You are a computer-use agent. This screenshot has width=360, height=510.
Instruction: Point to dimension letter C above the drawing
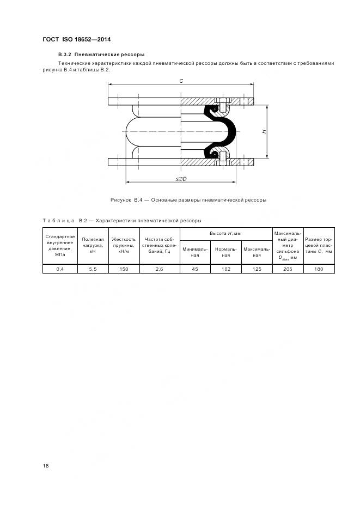(x=181, y=80)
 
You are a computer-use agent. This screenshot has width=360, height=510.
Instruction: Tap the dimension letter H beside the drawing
(x=263, y=131)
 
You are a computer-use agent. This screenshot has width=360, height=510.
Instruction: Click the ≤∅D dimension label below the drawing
(x=181, y=179)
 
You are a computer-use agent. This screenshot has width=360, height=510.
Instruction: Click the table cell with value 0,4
(x=60, y=269)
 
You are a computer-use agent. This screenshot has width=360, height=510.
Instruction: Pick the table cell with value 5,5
(x=93, y=269)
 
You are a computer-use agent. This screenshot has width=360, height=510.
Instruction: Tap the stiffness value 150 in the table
(x=124, y=269)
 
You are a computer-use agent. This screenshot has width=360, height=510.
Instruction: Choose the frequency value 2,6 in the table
(x=159, y=269)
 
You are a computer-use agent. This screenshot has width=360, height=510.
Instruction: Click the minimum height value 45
(x=194, y=269)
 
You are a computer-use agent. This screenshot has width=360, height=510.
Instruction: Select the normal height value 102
(x=226, y=269)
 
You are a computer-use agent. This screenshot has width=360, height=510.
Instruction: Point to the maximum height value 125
(x=257, y=269)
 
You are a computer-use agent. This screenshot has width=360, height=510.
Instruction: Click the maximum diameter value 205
(x=288, y=269)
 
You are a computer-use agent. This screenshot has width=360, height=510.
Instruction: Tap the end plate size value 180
(x=319, y=269)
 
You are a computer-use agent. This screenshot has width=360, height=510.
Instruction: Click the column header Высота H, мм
(x=225, y=233)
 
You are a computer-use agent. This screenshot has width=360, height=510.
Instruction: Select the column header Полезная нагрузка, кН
(x=93, y=245)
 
